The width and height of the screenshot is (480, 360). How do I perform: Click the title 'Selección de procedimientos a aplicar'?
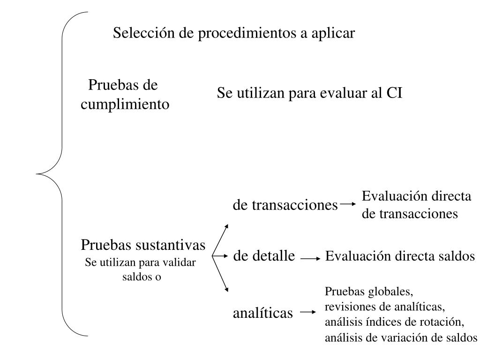pyautogui.click(x=234, y=33)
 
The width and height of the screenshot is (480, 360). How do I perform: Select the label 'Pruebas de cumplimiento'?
pyautogui.click(x=125, y=95)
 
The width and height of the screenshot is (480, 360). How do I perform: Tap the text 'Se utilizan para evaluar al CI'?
pyautogui.click(x=309, y=93)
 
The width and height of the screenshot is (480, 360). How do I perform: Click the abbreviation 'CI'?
pyautogui.click(x=394, y=93)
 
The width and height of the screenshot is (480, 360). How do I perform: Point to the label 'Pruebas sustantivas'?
pyautogui.click(x=143, y=245)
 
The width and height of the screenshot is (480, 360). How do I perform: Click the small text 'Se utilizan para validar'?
pyautogui.click(x=140, y=262)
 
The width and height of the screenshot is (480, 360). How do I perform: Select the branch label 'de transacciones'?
pyautogui.click(x=285, y=205)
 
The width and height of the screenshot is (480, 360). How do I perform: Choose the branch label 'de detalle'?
pyautogui.click(x=264, y=256)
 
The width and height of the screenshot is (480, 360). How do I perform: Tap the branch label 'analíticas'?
pyautogui.click(x=262, y=313)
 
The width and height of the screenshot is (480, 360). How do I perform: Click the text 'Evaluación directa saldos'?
pyautogui.click(x=400, y=256)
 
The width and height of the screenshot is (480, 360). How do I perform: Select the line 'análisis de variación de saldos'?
pyautogui.click(x=401, y=337)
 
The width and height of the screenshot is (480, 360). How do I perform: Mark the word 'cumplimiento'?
pyautogui.click(x=125, y=105)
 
